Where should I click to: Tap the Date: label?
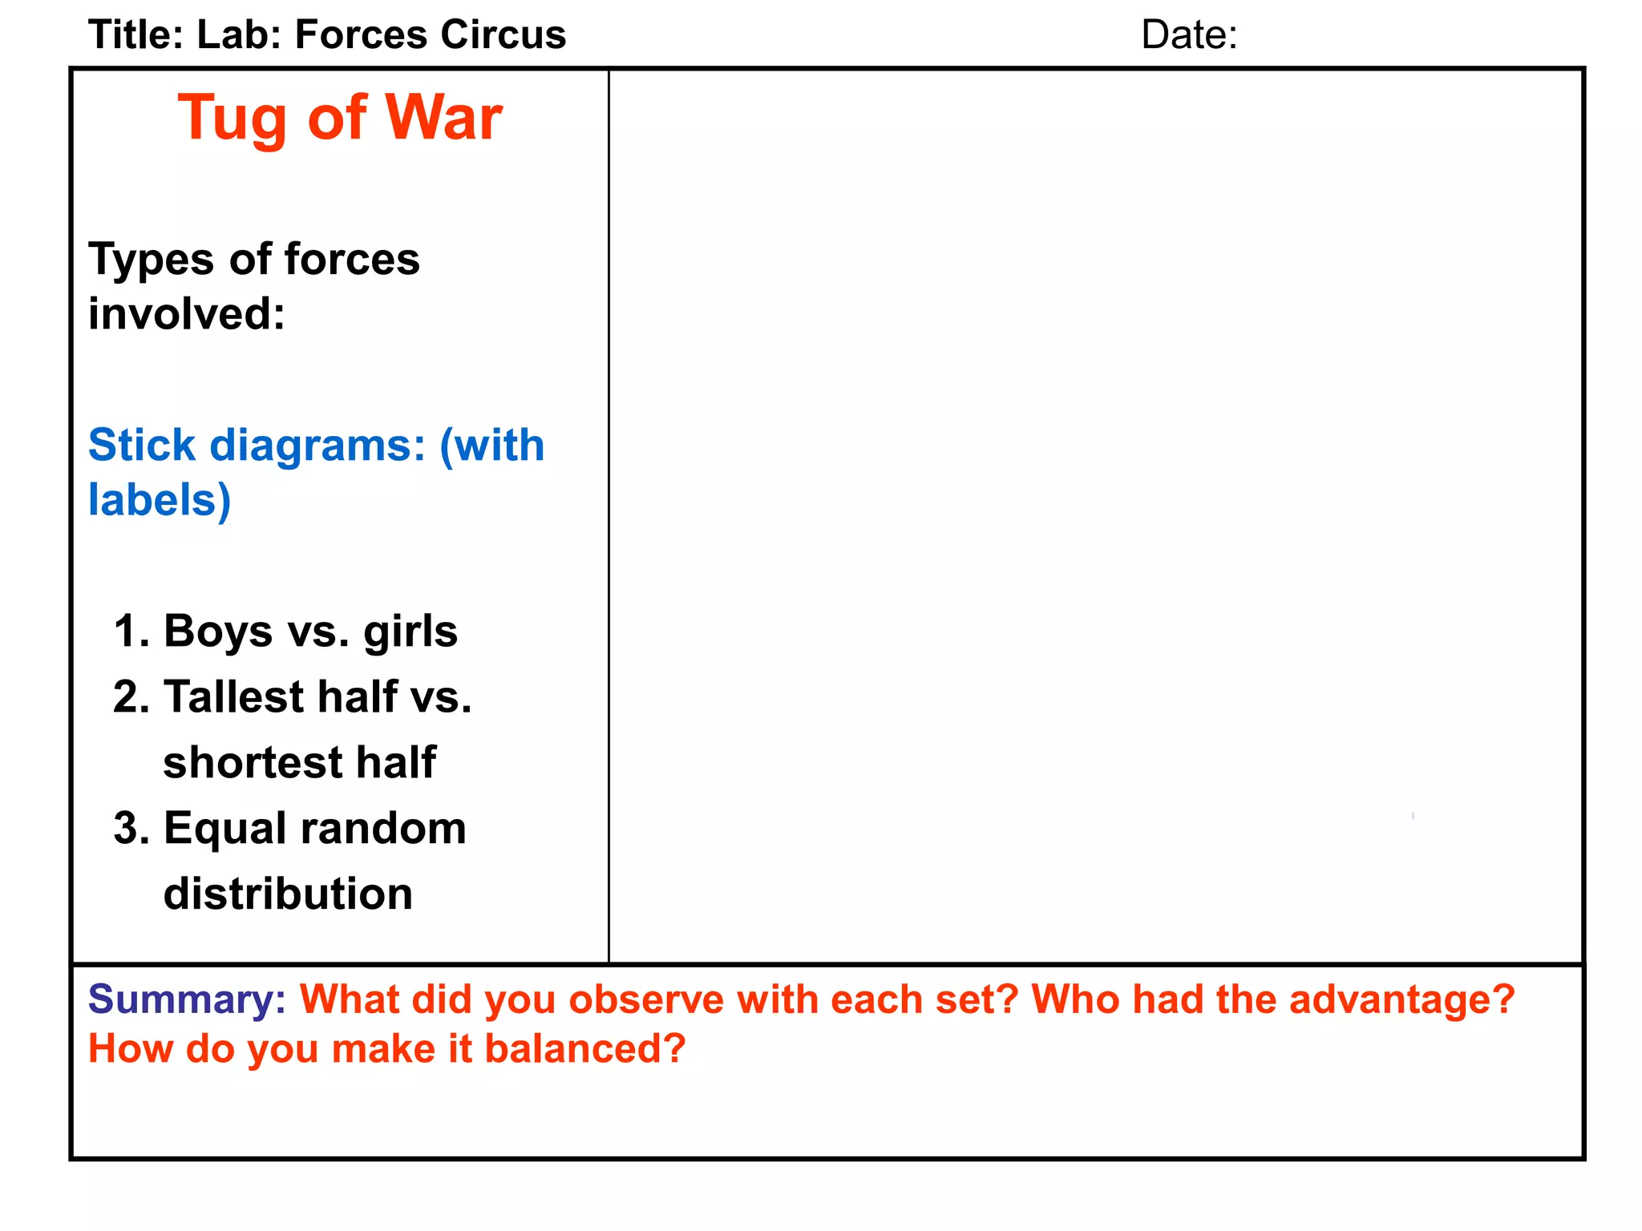1189,35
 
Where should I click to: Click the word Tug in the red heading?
233,119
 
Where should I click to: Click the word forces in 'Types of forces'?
352,259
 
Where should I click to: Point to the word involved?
187,313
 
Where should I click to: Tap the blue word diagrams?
317,446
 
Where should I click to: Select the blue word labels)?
160,500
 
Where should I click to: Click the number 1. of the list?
131,631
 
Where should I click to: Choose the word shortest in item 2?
253,762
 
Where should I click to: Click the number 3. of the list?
131,828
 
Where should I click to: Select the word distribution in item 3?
288,894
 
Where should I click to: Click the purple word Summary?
187,999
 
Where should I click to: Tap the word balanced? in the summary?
585,1048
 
